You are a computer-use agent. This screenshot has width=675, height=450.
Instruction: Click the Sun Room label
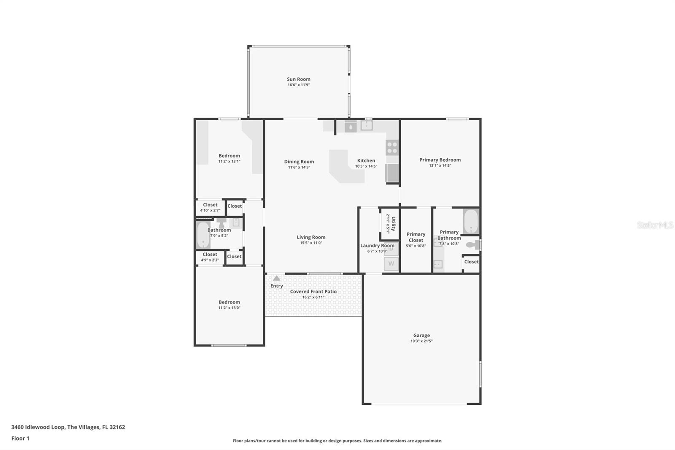click(298, 79)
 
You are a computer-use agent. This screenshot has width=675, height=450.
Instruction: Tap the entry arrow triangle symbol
click(276, 278)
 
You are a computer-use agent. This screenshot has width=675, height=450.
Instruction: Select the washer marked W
click(391, 264)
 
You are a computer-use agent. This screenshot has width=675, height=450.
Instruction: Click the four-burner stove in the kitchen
click(392, 148)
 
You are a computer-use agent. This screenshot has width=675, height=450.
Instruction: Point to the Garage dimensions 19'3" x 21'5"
click(421, 341)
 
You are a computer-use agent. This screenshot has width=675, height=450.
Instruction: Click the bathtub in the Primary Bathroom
click(471, 222)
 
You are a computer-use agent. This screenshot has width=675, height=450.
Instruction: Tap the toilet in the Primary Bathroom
click(473, 244)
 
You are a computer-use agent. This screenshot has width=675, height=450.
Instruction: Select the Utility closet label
click(393, 224)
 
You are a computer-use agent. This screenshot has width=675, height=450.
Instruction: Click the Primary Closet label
click(416, 237)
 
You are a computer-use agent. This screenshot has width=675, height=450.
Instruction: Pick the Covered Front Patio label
click(313, 291)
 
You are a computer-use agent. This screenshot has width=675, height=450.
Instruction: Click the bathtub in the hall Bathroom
click(203, 235)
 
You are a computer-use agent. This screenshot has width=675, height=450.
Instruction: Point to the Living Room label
click(311, 237)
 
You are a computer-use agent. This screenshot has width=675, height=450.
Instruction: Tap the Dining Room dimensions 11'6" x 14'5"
click(299, 167)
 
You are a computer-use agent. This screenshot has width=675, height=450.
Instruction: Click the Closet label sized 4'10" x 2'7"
click(210, 205)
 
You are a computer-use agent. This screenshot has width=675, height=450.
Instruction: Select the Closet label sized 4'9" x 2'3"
click(210, 255)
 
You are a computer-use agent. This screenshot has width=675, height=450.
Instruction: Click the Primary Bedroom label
click(440, 160)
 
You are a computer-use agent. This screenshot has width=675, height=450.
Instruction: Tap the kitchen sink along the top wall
click(367, 125)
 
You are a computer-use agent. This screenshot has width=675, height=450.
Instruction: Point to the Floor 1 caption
click(20, 438)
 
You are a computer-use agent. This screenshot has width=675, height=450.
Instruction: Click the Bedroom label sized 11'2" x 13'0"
click(229, 302)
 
